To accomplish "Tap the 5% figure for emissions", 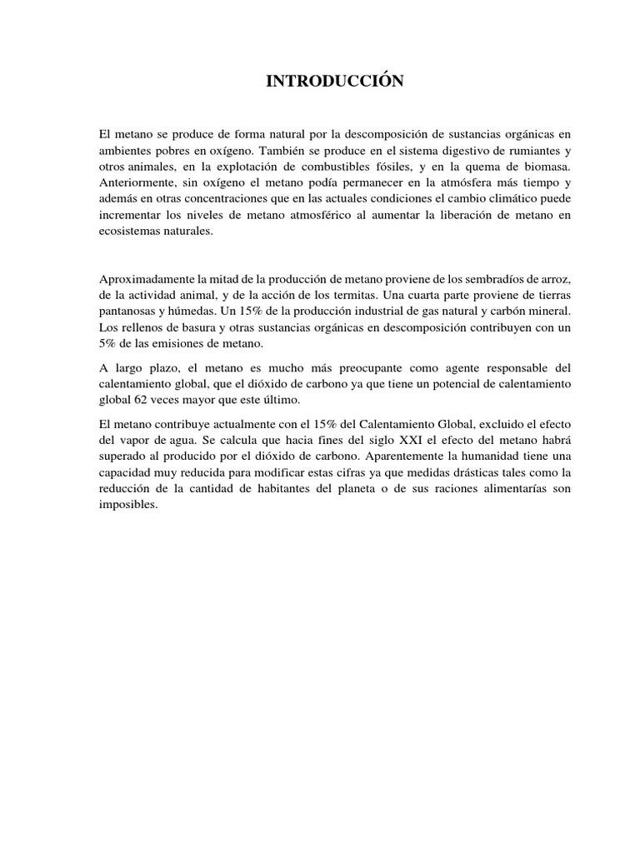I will [110, 342].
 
